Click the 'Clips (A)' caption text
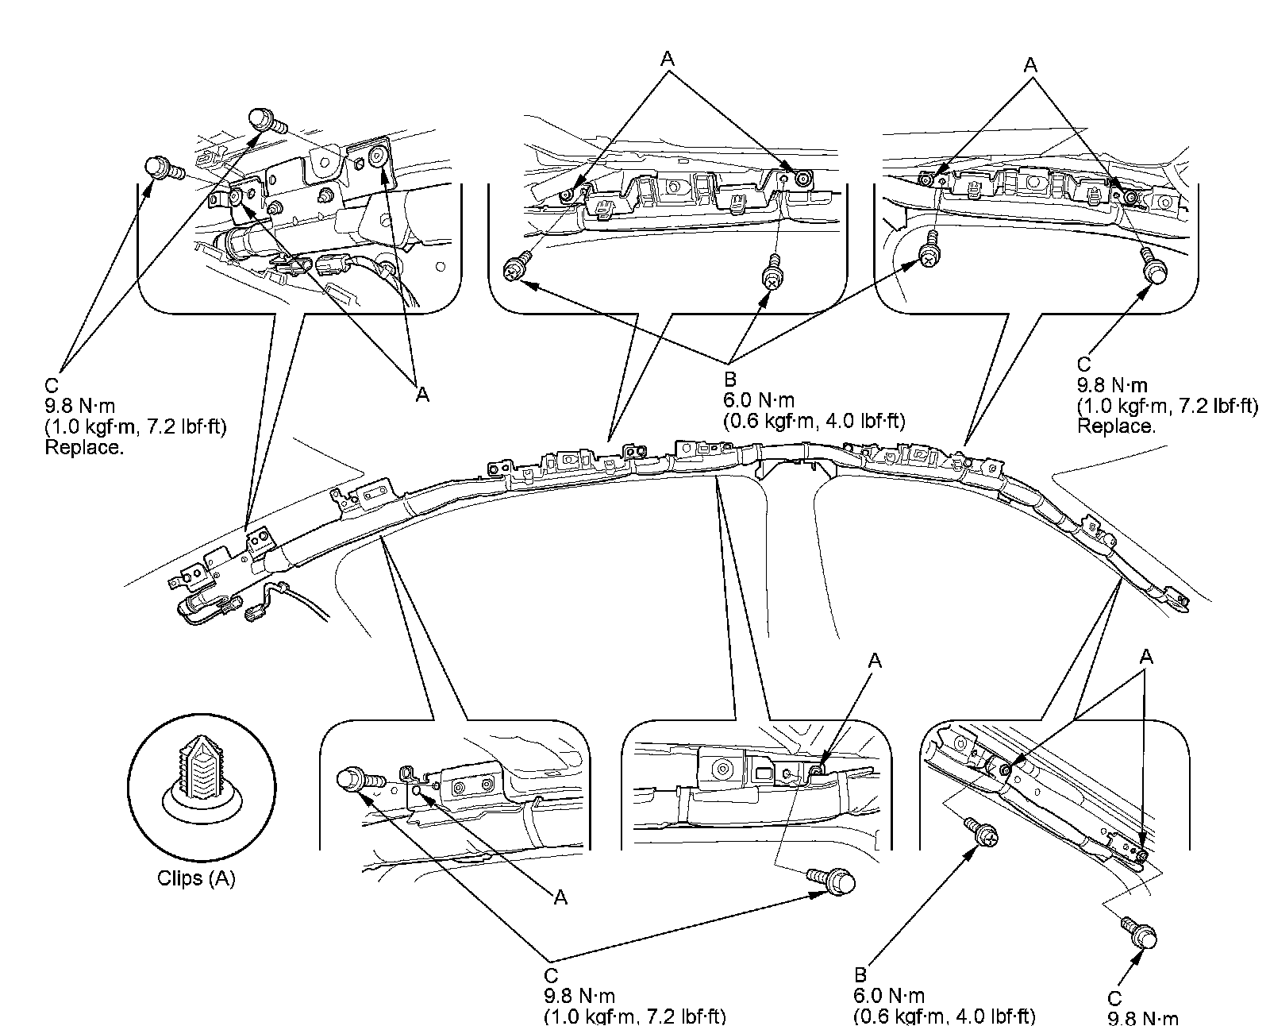point(196,879)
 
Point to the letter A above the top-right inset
point(1030,64)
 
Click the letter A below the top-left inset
point(422,395)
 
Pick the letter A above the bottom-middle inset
point(876,660)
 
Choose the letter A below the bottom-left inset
point(560,897)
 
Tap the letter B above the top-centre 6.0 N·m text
point(730,380)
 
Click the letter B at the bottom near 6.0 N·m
point(860,975)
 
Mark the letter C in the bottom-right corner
point(1114,999)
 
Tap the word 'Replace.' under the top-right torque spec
point(1116,426)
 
